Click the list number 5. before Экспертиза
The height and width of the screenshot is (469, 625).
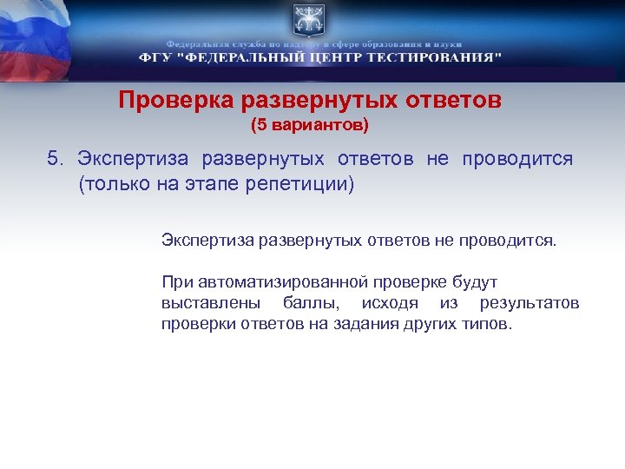pyautogui.click(x=56, y=159)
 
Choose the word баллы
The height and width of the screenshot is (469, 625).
pyautogui.click(x=306, y=304)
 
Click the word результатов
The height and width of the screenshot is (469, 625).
pyautogui.click(x=529, y=304)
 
